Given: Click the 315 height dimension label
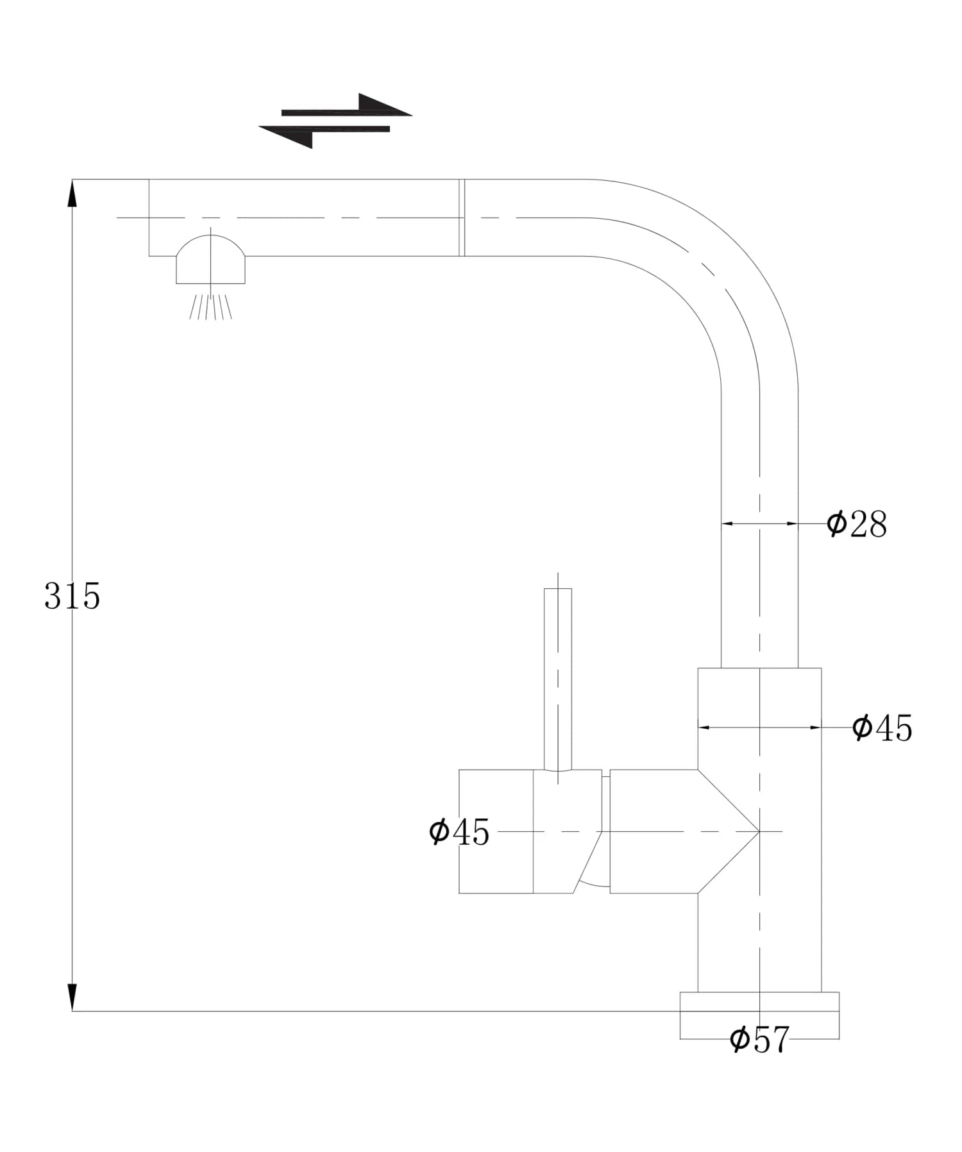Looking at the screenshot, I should click(72, 597).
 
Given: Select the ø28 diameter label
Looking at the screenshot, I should click(856, 524).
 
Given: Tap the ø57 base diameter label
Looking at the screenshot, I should click(759, 1040).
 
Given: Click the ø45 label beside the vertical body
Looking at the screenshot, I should click(882, 728).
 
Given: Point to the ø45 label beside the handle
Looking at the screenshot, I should click(459, 833).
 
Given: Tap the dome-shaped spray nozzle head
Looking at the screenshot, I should click(210, 260).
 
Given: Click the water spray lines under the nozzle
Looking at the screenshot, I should click(210, 306).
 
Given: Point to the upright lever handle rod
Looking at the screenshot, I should click(558, 677).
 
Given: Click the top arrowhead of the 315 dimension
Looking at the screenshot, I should click(72, 192).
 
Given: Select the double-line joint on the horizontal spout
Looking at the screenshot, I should click(462, 217).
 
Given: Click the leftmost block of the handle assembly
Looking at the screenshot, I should click(496, 831).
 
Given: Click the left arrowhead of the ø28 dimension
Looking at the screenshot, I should click(727, 524).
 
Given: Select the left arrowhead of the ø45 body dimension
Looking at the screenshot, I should click(704, 727).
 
